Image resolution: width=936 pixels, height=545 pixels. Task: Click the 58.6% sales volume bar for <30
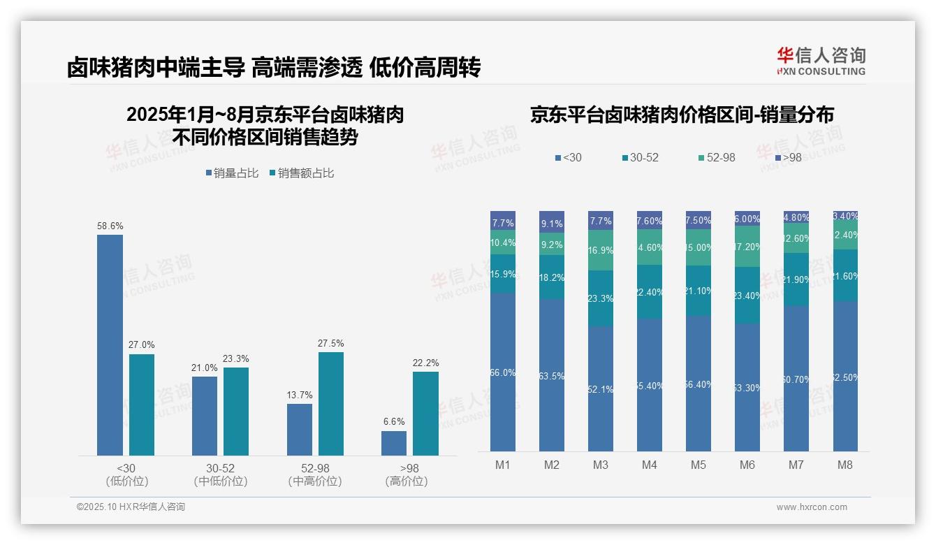[110, 344]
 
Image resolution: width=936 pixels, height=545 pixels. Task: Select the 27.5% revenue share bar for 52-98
[331, 403]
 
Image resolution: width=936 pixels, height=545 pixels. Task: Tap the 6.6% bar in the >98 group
[394, 443]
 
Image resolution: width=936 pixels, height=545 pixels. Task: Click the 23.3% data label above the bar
[236, 358]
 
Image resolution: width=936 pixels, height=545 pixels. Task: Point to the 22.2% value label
[425, 363]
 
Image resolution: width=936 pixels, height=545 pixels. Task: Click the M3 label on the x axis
[601, 465]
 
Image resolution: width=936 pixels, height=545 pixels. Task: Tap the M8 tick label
[845, 465]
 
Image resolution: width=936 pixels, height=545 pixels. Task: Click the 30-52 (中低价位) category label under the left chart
[220, 474]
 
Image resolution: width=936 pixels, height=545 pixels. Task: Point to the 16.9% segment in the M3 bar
[601, 250]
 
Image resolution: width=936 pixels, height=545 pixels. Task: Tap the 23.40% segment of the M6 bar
[747, 295]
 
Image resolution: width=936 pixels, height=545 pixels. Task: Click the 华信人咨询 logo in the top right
[821, 60]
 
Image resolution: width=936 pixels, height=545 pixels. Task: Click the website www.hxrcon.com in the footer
[812, 507]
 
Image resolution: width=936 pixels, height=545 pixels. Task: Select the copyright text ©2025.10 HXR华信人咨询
[131, 507]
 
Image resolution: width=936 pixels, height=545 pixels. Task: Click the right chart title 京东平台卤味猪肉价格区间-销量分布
[682, 115]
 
